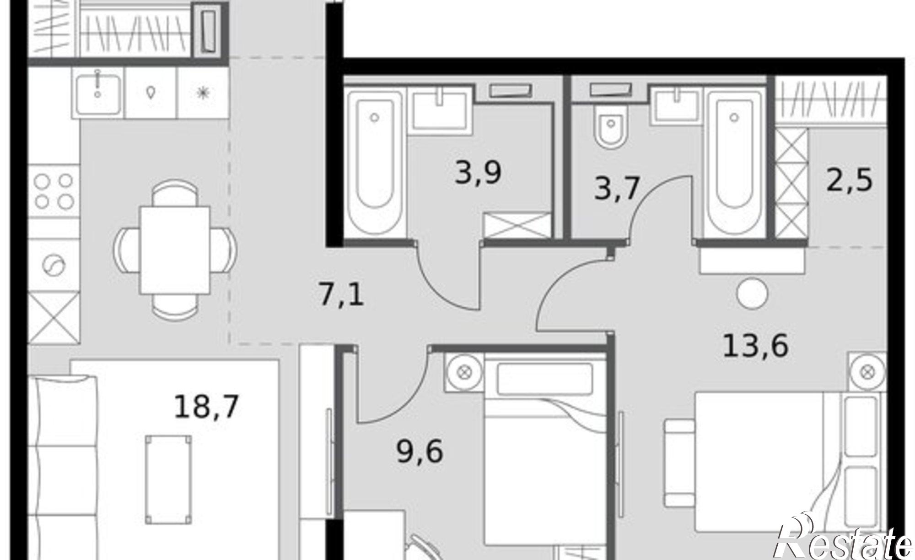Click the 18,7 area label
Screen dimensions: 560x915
tap(206, 407)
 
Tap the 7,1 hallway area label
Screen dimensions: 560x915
tap(341, 294)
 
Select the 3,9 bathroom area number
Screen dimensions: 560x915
tap(478, 173)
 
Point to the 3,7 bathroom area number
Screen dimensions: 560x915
tap(616, 188)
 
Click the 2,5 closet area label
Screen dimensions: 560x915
tap(850, 179)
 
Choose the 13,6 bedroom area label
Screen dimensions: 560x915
tap(755, 346)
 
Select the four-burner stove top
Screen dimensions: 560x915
tap(54, 191)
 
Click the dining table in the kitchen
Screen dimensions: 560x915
tap(175, 250)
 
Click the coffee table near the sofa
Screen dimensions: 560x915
tap(168, 479)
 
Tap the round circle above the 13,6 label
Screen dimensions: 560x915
tap(753, 294)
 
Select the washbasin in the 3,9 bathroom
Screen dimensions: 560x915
tap(440, 110)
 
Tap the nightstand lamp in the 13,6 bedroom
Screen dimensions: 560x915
tap(867, 372)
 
